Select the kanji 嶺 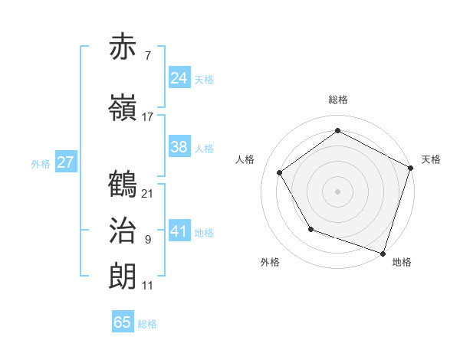(123, 108)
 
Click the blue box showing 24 (179, 77)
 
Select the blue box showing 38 (179, 147)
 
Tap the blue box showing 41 (179, 231)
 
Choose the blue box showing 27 (66, 162)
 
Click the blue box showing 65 (123, 322)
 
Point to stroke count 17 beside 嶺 (148, 117)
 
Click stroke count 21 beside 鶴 (148, 193)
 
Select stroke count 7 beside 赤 (148, 56)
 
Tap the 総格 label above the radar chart (338, 100)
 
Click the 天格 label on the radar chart (432, 159)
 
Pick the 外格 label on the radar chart (270, 263)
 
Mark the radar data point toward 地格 (383, 252)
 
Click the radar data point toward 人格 (280, 172)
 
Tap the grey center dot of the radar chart (338, 191)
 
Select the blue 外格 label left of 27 (41, 163)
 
